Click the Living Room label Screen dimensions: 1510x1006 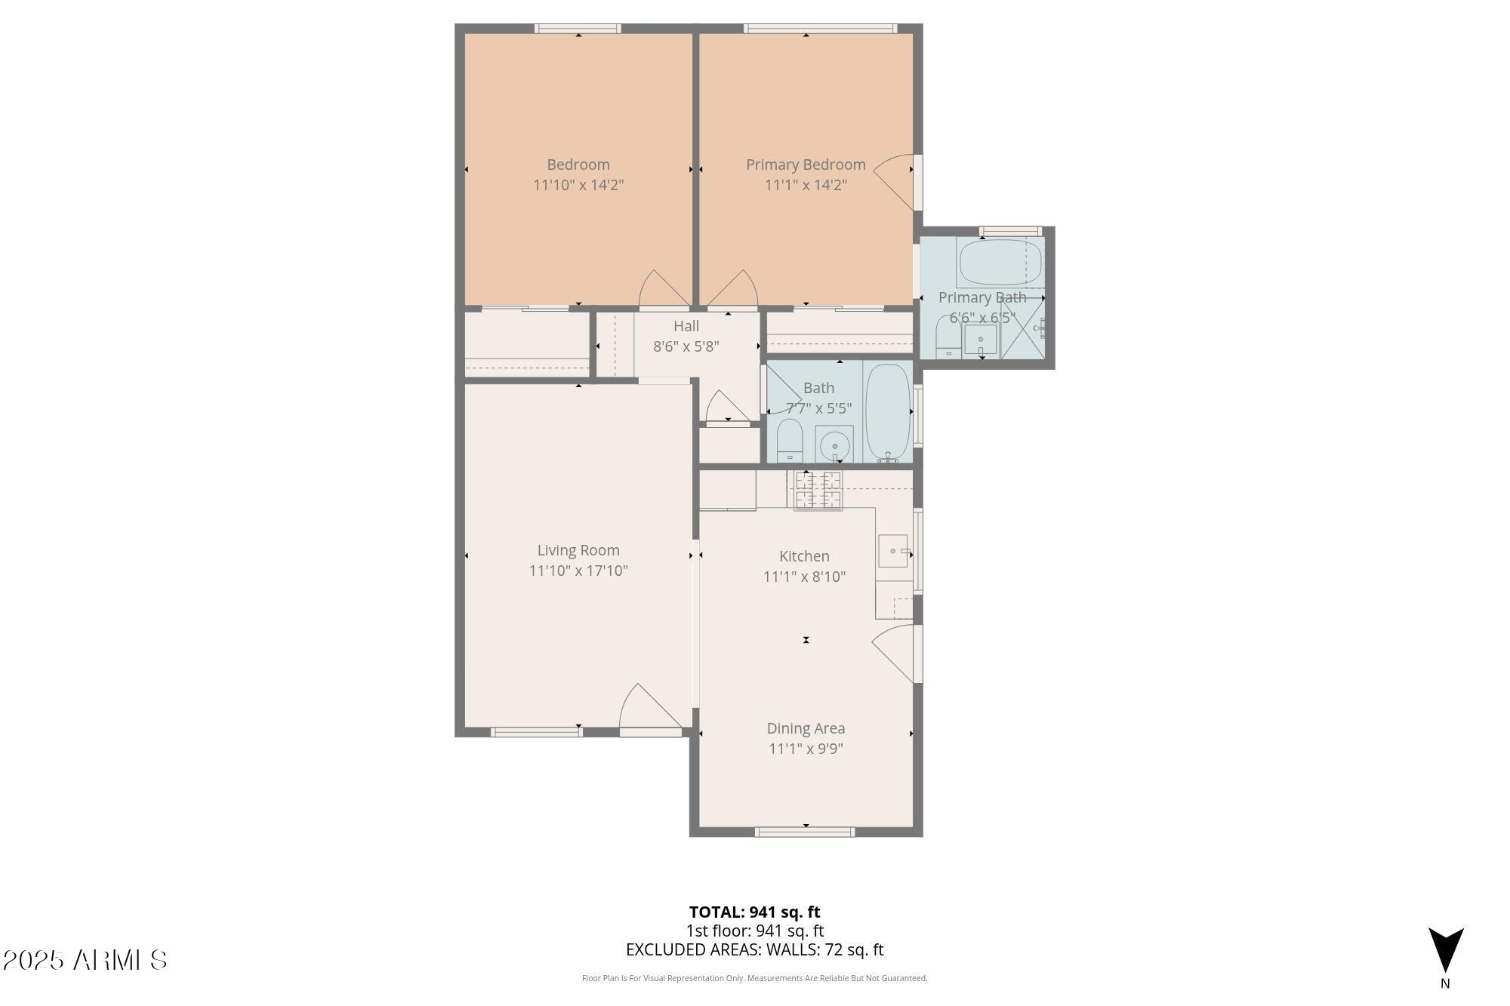coord(578,550)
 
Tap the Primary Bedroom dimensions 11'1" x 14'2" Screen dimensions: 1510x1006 coord(806,185)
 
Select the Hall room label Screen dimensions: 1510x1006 coord(686,326)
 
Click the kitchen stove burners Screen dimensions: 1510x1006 coord(818,490)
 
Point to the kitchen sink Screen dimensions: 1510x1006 coord(893,551)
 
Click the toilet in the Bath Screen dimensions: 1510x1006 coord(789,441)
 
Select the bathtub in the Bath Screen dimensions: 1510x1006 coord(888,412)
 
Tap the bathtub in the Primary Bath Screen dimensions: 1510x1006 coord(1000,262)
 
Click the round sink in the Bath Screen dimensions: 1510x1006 coord(834,444)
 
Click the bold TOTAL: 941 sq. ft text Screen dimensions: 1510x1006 coord(754,912)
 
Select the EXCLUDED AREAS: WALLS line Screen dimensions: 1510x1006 coord(754,950)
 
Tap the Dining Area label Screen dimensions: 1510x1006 coord(806,728)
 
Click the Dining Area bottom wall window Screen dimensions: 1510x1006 coord(805,832)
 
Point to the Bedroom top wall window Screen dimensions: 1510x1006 coord(578,29)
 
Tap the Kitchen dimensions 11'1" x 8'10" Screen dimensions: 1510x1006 coord(804,577)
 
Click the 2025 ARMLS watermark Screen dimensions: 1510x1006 coord(85,960)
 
